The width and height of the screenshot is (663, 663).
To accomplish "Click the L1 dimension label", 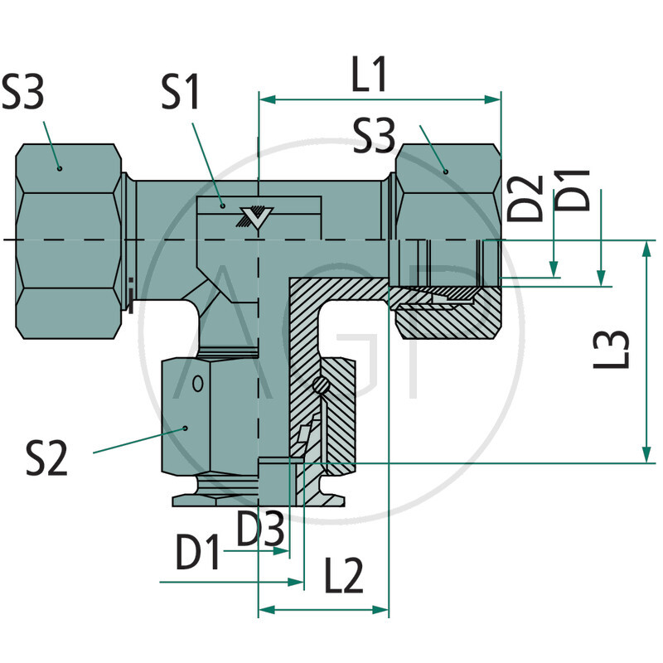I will [370, 75].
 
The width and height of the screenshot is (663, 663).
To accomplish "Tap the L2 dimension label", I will [342, 575].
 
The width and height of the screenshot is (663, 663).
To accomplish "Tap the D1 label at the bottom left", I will [198, 553].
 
